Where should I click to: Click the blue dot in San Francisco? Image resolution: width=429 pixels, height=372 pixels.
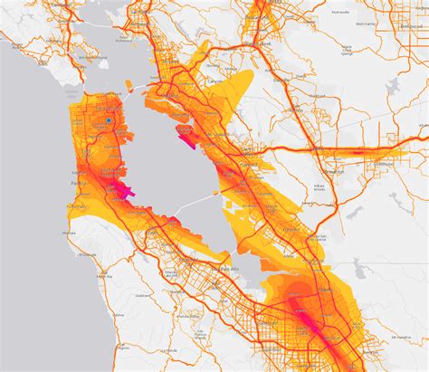[x=108, y=119]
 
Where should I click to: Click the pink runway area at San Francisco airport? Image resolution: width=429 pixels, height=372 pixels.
[x=124, y=189]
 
